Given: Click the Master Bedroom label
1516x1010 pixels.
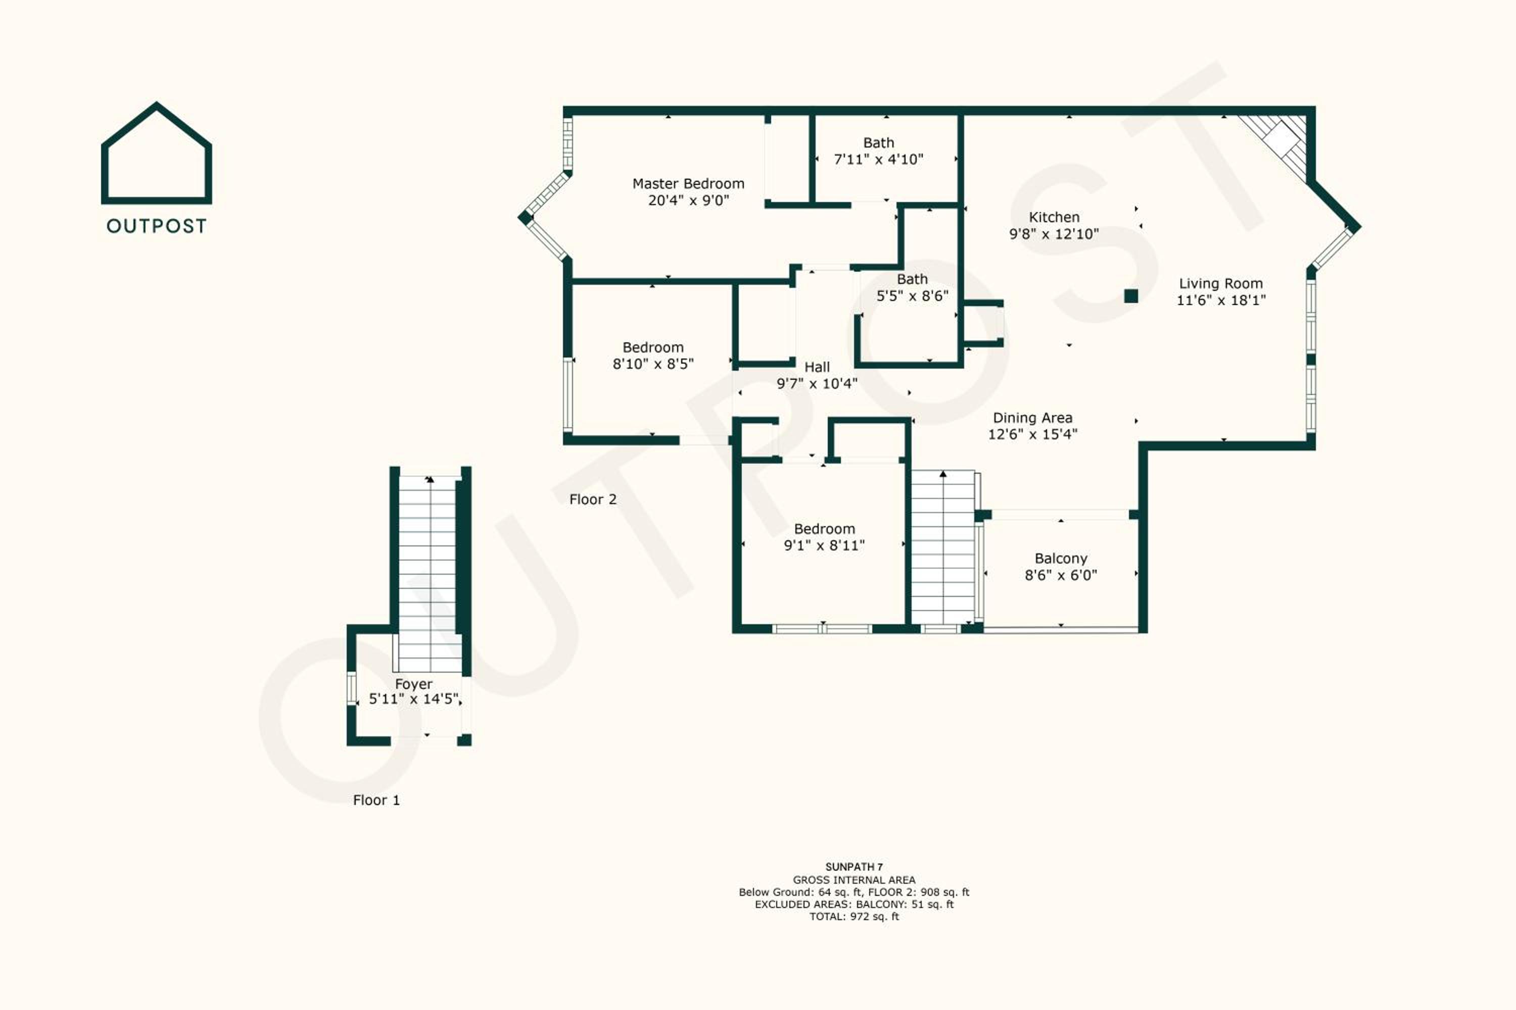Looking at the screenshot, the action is point(688,184).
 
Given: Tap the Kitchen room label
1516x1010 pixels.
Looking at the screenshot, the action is point(1054,217).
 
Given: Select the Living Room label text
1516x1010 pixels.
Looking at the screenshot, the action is point(1221,283).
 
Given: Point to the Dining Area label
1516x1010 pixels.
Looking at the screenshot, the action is point(1032,418).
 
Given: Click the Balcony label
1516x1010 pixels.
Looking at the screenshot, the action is point(1061,559).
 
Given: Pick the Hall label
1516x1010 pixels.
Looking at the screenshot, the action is point(817,367).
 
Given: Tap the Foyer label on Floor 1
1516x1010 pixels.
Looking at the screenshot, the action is point(413,684).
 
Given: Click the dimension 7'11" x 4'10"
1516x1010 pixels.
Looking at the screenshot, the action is point(879,159).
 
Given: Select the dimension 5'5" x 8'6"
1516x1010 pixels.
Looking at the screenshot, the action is point(912,295).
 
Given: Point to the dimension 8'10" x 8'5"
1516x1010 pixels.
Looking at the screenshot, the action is point(653,364).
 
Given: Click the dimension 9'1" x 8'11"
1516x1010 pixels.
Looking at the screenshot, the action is point(824,545).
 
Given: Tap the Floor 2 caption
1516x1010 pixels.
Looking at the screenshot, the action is point(593,499).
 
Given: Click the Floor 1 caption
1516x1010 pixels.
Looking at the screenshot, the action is point(376,800).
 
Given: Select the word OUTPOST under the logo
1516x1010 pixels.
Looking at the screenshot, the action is point(157,226).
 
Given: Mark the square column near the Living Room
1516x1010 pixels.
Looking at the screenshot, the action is point(1130,295).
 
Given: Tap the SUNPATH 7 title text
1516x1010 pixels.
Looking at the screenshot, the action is point(854,867).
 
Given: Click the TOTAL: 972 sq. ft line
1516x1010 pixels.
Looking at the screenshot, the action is point(854,917).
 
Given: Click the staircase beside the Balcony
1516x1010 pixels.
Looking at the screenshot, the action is point(943,547).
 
